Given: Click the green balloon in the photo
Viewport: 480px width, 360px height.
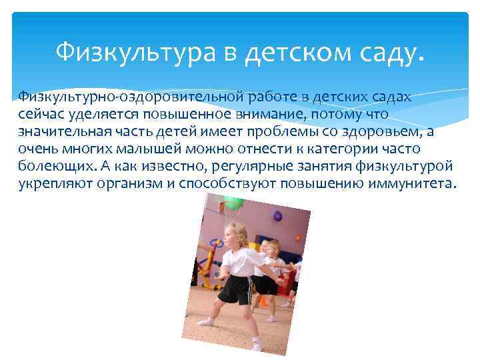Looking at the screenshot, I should pyautogui.click(x=231, y=202).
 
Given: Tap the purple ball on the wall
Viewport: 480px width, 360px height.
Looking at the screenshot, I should pyautogui.click(x=277, y=216).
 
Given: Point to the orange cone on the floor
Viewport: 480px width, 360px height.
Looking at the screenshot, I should pyautogui.click(x=263, y=301).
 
